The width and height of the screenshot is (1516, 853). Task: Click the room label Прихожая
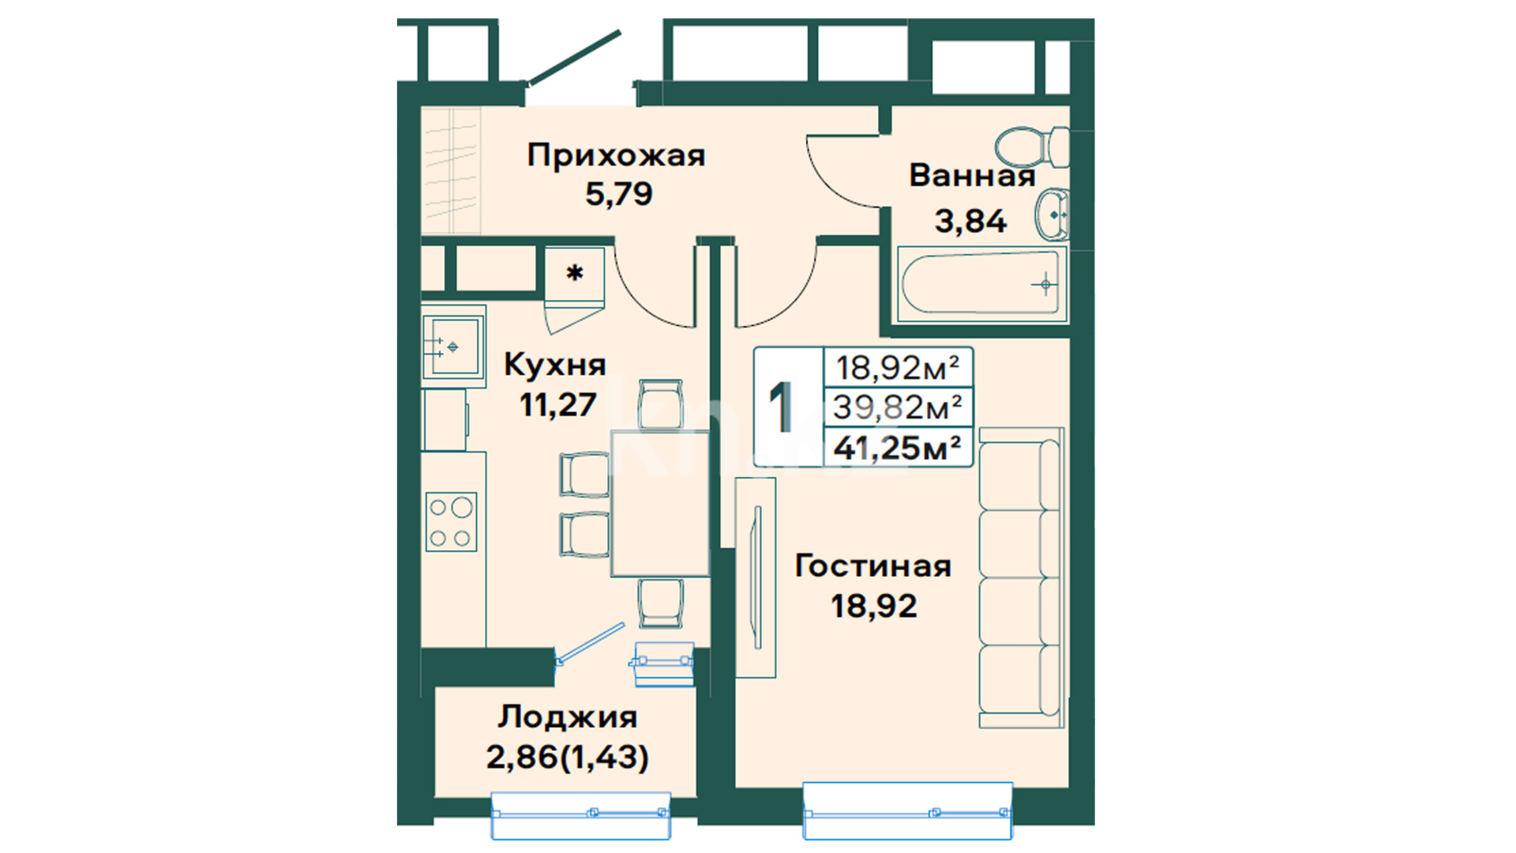[x=616, y=156]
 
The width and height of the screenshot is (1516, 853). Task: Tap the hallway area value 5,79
[x=619, y=194]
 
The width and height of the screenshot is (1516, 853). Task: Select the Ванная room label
[x=972, y=175]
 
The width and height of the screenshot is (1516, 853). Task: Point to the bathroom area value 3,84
[x=970, y=221]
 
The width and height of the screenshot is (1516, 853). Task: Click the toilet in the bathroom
[x=1031, y=147]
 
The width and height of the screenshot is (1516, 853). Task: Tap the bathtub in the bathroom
[x=982, y=283]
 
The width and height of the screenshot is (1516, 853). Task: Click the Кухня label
[x=555, y=365]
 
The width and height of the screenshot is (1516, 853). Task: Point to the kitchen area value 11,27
[x=557, y=405]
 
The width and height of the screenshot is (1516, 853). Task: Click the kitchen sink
[x=452, y=346]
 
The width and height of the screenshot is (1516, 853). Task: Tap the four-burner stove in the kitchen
[x=451, y=521]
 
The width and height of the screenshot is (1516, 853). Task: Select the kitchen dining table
[x=660, y=503]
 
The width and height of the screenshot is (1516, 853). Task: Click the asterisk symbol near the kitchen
[x=575, y=273]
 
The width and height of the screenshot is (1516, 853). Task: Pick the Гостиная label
[x=872, y=566]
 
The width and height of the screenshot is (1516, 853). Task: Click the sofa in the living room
[x=1022, y=578]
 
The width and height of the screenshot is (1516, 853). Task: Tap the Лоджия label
[x=568, y=717]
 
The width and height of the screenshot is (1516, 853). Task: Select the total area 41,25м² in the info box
[x=898, y=449]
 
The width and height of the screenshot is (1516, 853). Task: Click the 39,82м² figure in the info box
[x=898, y=408]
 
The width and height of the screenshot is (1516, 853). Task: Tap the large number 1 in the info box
[x=782, y=407]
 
